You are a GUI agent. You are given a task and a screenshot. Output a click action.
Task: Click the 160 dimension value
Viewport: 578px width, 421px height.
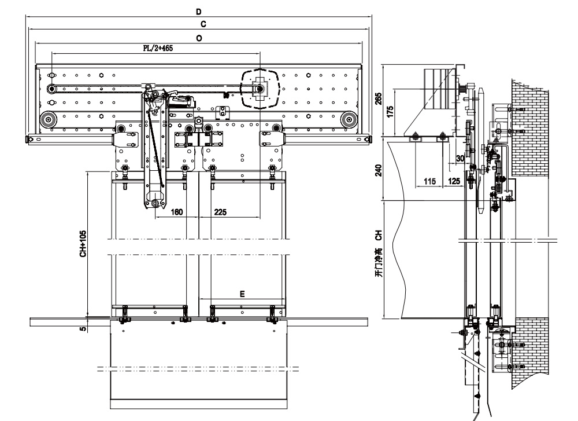(177, 212)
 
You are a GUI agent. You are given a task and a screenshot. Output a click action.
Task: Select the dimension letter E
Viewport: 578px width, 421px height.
(242, 294)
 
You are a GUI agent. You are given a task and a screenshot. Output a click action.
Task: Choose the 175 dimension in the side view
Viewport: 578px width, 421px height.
(391, 111)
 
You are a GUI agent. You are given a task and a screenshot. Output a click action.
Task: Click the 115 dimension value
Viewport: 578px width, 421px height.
(429, 181)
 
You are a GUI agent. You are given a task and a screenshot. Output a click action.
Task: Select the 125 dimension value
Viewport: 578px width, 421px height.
(454, 181)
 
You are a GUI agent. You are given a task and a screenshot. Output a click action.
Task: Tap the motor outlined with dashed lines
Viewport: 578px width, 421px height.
(260, 89)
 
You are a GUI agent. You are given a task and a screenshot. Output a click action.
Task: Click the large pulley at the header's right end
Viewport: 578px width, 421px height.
(348, 120)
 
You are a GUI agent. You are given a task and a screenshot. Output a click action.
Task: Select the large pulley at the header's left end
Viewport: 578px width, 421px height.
(47, 120)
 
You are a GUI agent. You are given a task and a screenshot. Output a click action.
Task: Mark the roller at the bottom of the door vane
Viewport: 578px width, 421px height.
(155, 204)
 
